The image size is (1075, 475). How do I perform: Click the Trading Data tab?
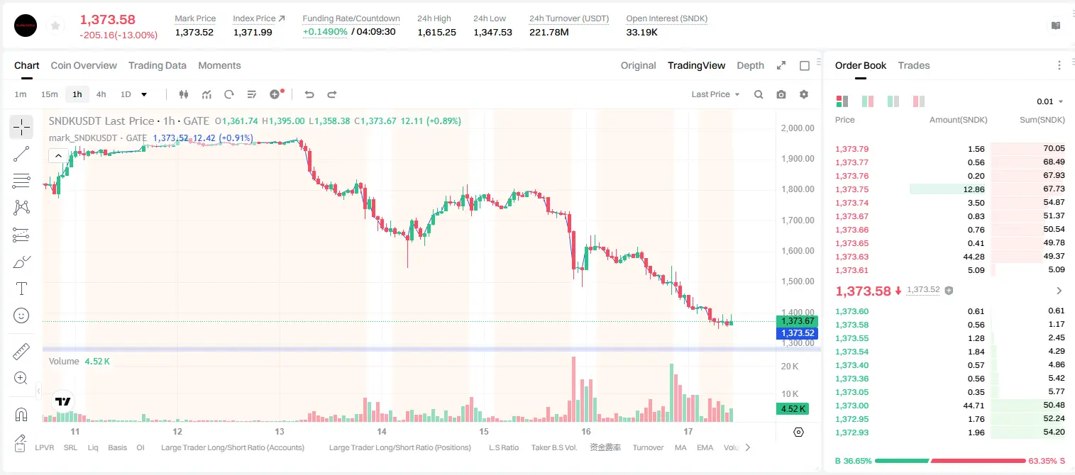[x=157, y=65]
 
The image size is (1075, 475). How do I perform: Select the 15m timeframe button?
[x=49, y=94]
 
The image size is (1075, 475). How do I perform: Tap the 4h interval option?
[x=101, y=94]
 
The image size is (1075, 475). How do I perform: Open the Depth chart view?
[x=750, y=65]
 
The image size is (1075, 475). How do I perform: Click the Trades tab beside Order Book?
[x=914, y=65]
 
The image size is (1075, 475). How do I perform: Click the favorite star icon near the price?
[x=55, y=26]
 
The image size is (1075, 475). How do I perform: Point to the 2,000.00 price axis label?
[x=798, y=128]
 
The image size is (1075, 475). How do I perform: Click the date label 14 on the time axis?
[x=382, y=431]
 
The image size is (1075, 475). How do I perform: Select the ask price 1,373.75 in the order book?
[x=852, y=189]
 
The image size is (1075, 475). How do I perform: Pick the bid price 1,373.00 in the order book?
[x=852, y=406]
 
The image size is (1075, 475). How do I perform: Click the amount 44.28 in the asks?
[x=974, y=257]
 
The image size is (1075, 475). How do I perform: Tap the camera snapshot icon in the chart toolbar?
[x=781, y=94]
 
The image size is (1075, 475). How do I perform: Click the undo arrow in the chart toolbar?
[x=309, y=94]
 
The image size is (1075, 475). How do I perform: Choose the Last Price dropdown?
[x=715, y=94]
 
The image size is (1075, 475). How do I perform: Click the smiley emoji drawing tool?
[x=21, y=315]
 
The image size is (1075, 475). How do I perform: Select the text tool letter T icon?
[x=21, y=289]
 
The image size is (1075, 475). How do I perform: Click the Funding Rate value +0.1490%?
[x=325, y=32]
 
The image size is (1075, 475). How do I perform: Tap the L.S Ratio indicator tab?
[x=503, y=447]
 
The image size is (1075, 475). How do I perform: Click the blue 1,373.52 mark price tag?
[x=797, y=333]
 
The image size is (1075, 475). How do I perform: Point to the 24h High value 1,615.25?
[x=436, y=32]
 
